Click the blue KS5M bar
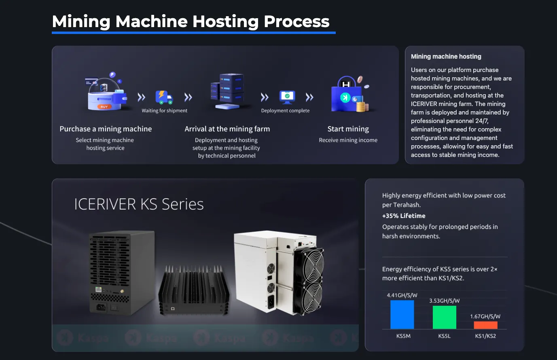pos(402,315)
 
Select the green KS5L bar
pos(445,317)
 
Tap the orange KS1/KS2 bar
pos(486,325)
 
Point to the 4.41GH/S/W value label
pos(402,295)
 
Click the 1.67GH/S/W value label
pos(485,316)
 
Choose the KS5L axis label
pos(445,336)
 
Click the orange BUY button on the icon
pos(104,107)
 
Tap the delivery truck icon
pos(164,97)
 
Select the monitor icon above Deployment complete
pos(287,97)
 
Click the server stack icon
pos(227,91)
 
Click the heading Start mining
pos(348,129)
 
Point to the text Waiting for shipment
pos(164,111)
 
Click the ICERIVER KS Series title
pos(139,204)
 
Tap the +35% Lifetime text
pos(404,216)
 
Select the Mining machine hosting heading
pos(446,57)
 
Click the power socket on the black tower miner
pos(101,307)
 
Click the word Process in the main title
pos(297,21)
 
